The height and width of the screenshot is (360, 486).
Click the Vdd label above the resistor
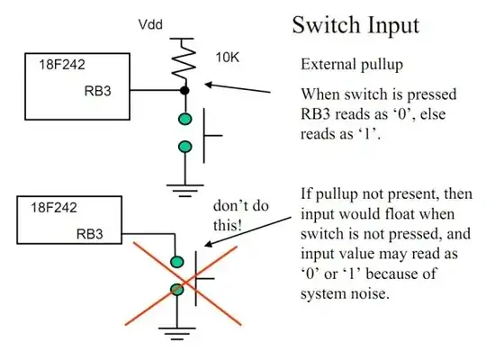click(150, 24)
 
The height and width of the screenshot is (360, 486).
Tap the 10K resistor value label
click(227, 58)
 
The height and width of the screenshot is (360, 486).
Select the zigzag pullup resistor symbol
click(184, 58)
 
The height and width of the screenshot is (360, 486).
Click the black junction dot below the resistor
click(184, 91)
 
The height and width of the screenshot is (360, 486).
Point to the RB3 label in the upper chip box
click(97, 91)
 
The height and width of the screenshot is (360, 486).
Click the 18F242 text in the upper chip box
click(62, 65)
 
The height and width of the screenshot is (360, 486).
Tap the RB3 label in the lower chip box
click(90, 234)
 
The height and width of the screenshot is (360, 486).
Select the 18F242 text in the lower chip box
click(54, 207)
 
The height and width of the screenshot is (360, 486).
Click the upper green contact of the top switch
click(185, 119)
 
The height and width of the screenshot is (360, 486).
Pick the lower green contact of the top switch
click(185, 147)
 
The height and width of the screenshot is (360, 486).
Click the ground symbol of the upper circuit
click(185, 190)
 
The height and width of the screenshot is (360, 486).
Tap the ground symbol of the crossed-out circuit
click(177, 333)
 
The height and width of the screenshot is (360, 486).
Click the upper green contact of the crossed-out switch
click(177, 262)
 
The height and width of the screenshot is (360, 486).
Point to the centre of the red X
click(185, 283)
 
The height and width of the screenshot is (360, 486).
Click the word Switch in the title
click(325, 25)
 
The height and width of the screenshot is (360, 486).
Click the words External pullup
click(352, 65)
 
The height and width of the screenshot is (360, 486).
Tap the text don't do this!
click(241, 215)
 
